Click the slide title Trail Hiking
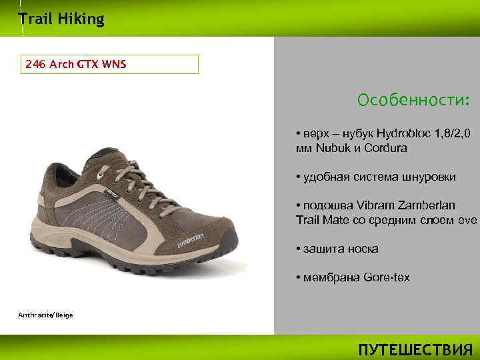click(61, 19)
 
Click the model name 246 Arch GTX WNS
click(76, 65)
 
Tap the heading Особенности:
click(413, 100)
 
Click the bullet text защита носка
click(341, 249)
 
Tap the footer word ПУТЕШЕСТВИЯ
click(415, 350)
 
